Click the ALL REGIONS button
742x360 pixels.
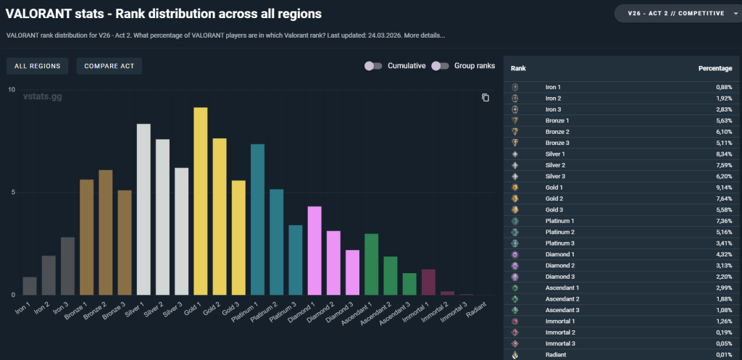(x=38, y=66)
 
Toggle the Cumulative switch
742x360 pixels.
(x=373, y=66)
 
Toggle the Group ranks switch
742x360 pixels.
(x=440, y=66)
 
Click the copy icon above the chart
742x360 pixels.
(x=485, y=98)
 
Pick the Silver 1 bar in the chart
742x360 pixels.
(x=143, y=209)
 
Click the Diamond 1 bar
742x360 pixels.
(x=314, y=251)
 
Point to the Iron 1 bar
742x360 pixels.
(x=30, y=286)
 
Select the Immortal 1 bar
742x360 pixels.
(x=428, y=282)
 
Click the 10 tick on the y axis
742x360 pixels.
(x=11, y=90)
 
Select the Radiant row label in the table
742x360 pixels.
(x=555, y=354)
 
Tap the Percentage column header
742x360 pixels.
(x=715, y=68)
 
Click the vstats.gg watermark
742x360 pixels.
(x=42, y=96)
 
